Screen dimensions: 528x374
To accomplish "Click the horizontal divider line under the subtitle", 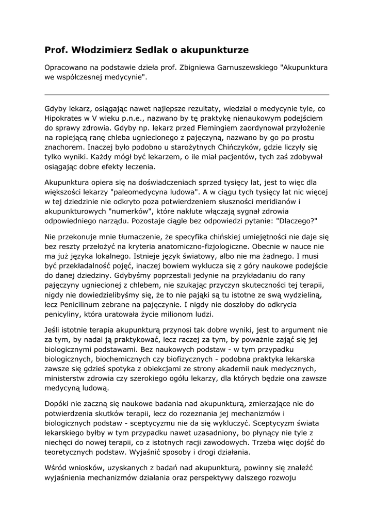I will click(187, 95).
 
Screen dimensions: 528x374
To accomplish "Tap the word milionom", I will click(173, 315).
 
